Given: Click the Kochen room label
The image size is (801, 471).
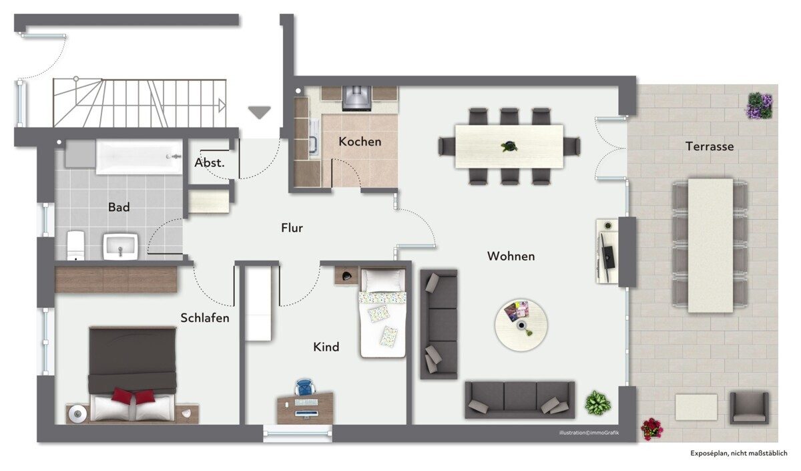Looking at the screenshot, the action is [360, 142].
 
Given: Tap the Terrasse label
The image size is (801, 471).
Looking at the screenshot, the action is [710, 146].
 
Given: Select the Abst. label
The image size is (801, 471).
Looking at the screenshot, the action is [210, 163].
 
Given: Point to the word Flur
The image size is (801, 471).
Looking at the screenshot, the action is [292, 228].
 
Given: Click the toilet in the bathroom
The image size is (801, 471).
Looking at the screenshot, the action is [75, 245].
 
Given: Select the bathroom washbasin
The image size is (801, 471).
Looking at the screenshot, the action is [121, 247].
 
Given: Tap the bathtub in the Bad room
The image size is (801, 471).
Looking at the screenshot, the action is [139, 157].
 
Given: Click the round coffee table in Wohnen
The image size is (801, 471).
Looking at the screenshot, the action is [521, 325].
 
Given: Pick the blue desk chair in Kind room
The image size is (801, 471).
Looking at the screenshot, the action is [305, 387].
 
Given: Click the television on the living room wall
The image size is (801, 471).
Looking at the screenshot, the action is [607, 251].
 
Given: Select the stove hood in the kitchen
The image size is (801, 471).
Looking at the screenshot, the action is [356, 98].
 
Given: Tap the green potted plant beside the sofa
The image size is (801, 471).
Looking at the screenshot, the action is [597, 403].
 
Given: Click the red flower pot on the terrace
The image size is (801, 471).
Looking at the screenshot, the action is [651, 429].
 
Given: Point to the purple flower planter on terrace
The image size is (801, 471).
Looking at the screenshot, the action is [760, 106].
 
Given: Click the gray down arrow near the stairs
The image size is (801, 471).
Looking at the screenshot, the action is [259, 112].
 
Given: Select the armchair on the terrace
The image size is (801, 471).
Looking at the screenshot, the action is [749, 408].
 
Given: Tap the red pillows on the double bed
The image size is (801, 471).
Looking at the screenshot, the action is [133, 396].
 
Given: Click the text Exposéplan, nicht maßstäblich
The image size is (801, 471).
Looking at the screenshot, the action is [739, 453].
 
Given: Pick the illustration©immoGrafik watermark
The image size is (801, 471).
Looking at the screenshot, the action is [589, 433].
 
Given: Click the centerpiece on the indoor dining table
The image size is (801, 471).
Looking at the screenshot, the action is [509, 146].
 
